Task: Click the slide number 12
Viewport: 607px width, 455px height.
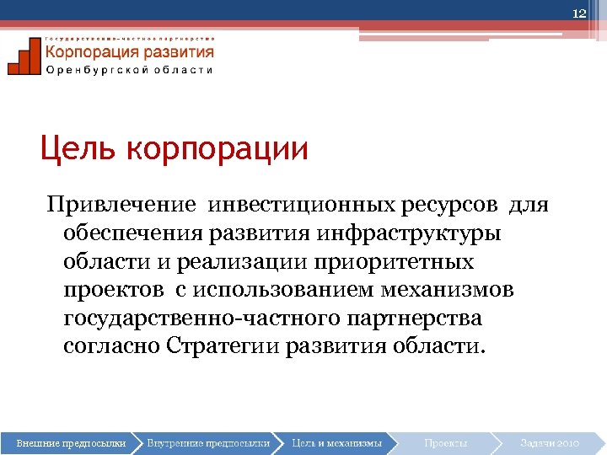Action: (579, 13)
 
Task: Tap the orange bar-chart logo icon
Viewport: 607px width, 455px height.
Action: (24, 57)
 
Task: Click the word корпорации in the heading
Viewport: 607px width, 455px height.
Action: (218, 150)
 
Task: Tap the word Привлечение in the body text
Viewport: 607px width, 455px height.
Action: (121, 205)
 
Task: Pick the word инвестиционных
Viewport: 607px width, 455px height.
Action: (300, 205)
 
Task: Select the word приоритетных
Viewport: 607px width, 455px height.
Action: (395, 262)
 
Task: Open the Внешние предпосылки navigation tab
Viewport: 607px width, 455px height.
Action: (72, 442)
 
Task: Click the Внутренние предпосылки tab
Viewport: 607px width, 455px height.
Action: (208, 442)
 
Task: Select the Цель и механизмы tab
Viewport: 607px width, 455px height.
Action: (336, 442)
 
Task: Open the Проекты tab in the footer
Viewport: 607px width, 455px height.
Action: (446, 442)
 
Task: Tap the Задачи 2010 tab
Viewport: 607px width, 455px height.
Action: (550, 442)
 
